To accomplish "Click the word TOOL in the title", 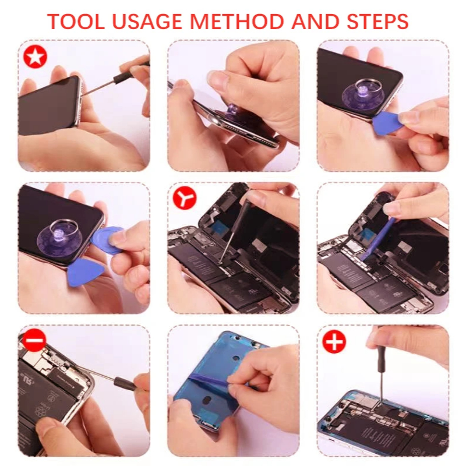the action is point(76,21).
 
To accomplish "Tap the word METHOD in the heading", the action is point(236,21).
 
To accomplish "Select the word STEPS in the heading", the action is point(377,21).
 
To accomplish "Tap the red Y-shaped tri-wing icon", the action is point(185,197).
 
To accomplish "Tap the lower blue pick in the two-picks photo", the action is point(84,272).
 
